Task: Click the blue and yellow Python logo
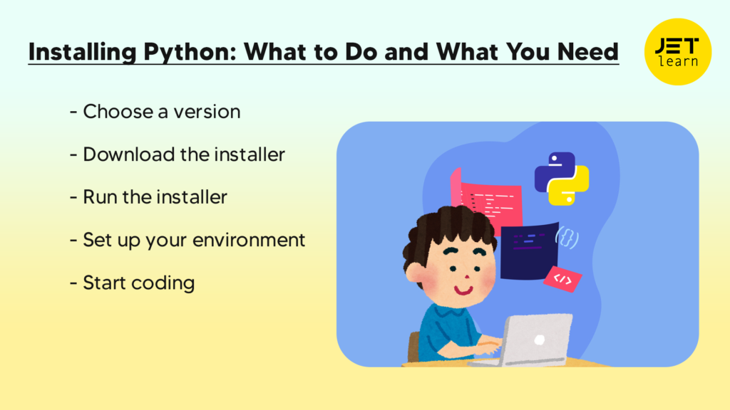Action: [562, 177]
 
